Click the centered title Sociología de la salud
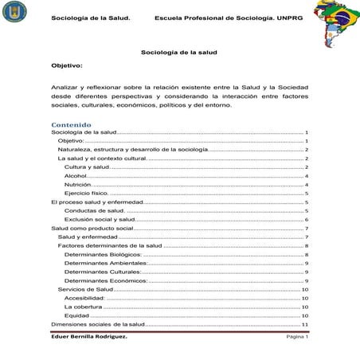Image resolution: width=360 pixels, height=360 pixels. [178, 52]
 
